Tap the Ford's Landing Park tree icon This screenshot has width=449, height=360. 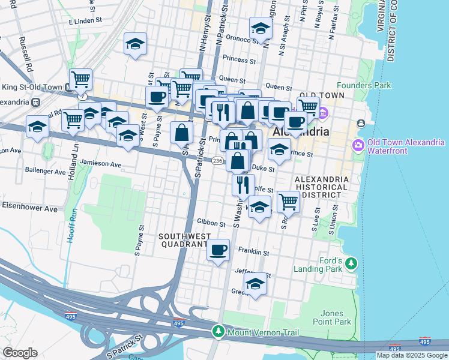coord(352,263)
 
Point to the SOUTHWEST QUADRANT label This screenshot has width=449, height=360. coord(183,240)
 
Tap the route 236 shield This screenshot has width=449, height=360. coord(218,160)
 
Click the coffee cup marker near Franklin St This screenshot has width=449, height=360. coord(218,249)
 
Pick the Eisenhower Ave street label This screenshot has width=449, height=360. coord(29,209)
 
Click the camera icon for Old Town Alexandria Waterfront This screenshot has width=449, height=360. coord(359,145)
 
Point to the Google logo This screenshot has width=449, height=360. coord(20,353)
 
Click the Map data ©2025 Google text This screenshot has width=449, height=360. coord(411,355)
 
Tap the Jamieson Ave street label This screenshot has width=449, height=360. coord(100,164)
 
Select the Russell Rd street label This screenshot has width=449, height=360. coord(26,53)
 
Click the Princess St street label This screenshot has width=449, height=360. coord(238,59)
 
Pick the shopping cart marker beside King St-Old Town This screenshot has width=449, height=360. coord(80,79)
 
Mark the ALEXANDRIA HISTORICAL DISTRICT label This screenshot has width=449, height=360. coord(321,187)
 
